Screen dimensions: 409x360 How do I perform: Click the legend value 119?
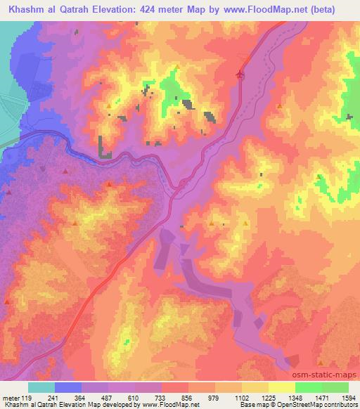pyautogui.click(x=27, y=397)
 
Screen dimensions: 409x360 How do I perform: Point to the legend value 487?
pyautogui.click(x=108, y=397)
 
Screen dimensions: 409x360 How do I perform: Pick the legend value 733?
pyautogui.click(x=162, y=397)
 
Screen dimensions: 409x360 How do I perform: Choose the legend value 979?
pyautogui.click(x=215, y=397)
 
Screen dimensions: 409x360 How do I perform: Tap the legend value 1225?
pyautogui.click(x=269, y=397)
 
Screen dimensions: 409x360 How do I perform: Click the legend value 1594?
pyautogui.click(x=348, y=397)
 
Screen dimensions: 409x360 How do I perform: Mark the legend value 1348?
pyautogui.click(x=295, y=397)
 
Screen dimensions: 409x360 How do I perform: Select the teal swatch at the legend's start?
pyautogui.click(x=41, y=387)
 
